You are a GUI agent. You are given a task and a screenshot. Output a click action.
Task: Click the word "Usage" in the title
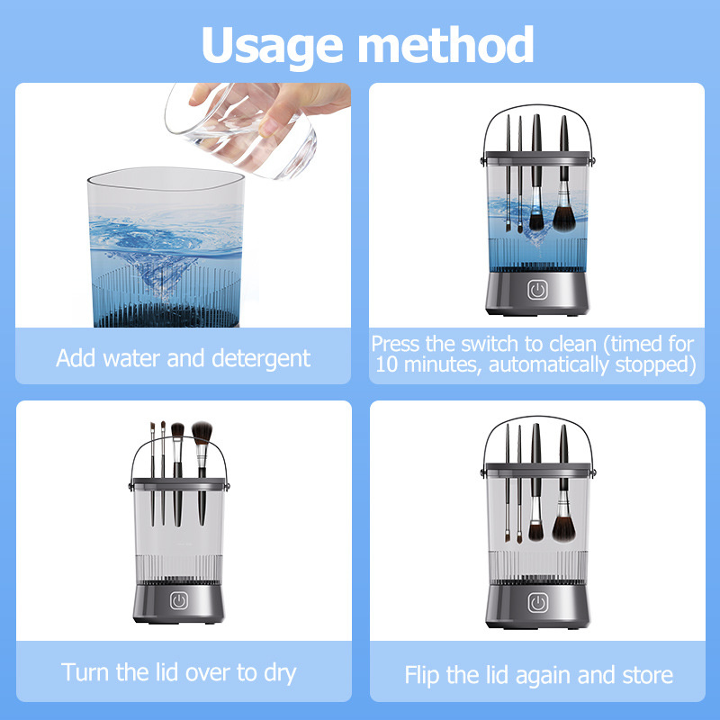(x=273, y=46)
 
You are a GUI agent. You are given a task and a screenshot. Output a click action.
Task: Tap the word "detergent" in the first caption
(x=261, y=359)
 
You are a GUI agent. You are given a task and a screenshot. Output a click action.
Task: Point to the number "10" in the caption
(x=387, y=364)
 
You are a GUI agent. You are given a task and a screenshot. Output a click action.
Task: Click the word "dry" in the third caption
(x=280, y=673)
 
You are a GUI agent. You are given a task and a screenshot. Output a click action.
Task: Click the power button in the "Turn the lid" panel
(x=178, y=600)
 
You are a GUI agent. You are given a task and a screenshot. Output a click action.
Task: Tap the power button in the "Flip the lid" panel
(x=537, y=603)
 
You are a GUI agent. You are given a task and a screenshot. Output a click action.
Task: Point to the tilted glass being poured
(x=241, y=130)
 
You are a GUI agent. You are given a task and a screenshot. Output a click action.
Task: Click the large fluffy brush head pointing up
(x=202, y=433)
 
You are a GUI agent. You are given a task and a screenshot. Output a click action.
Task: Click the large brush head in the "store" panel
(x=563, y=529)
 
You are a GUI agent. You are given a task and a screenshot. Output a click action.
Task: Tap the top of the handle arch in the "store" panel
(x=537, y=417)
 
